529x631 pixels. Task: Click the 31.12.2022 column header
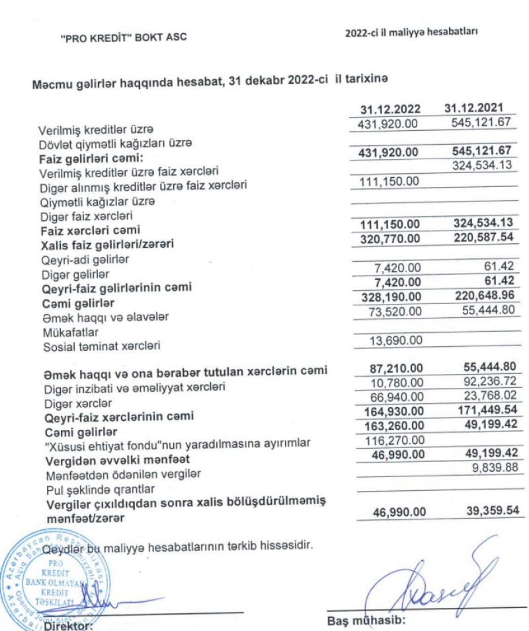pos(389,109)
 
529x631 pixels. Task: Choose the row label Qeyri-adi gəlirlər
pos(75,260)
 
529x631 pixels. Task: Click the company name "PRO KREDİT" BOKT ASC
pos(123,38)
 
